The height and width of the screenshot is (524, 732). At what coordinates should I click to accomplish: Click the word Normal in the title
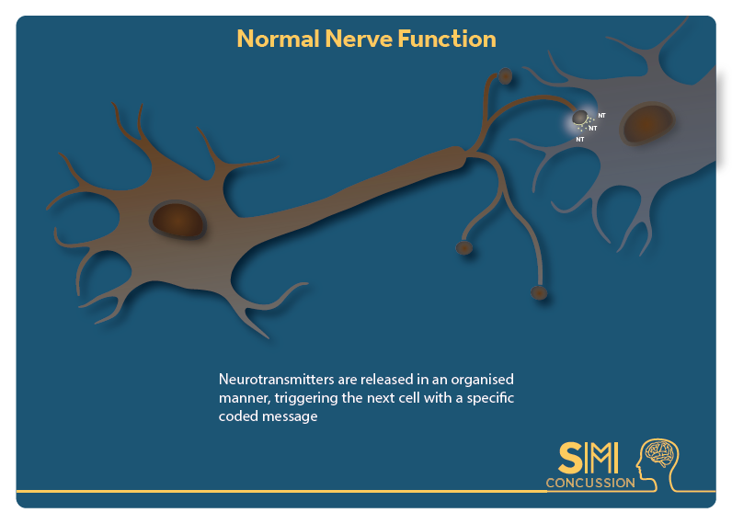tap(279, 39)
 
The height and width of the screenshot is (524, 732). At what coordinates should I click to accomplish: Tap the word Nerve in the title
tap(359, 39)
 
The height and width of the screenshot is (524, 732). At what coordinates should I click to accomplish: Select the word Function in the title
tap(447, 39)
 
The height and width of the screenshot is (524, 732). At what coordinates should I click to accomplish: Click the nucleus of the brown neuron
tap(177, 220)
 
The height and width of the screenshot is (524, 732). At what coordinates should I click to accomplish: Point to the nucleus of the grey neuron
tap(646, 123)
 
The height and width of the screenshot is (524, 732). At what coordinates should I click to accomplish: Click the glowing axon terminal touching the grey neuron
tap(580, 118)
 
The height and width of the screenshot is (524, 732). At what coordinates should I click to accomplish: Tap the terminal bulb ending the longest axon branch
tap(539, 292)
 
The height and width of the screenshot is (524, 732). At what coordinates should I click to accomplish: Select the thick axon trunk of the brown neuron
tap(355, 191)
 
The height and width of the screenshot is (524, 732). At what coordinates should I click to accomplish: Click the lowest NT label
tap(580, 139)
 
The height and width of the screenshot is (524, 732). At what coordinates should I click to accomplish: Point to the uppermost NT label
tap(601, 115)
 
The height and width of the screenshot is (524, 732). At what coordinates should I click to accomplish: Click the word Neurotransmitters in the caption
tap(277, 379)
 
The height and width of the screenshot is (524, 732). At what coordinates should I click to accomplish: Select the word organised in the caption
tap(482, 380)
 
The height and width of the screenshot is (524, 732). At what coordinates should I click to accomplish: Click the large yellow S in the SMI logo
tap(570, 458)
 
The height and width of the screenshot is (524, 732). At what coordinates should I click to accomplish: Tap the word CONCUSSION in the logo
tap(590, 483)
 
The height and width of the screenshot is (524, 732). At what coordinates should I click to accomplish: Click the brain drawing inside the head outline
tap(659, 453)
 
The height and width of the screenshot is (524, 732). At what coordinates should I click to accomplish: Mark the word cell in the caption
tap(410, 398)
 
